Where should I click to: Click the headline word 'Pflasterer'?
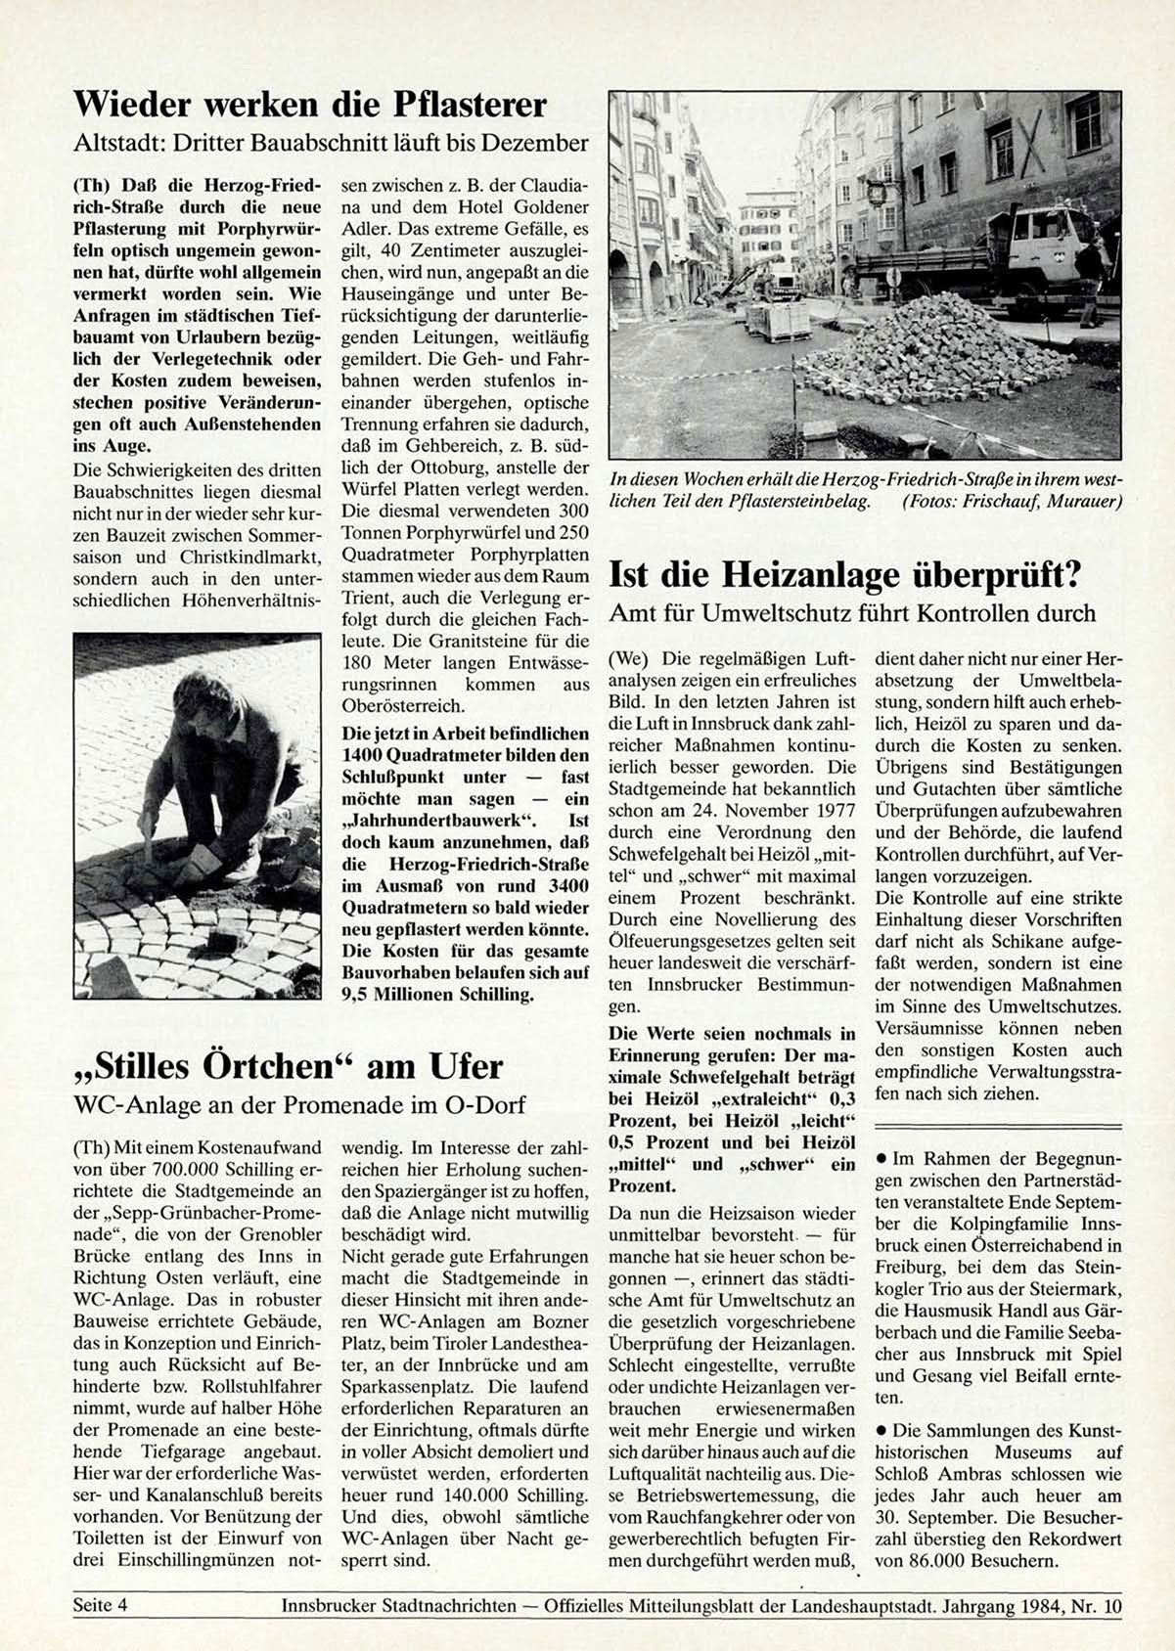point(470,104)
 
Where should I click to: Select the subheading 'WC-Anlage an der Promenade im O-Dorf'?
point(299,1104)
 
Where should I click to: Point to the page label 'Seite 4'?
point(101,1605)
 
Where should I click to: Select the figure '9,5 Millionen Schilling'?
point(438,995)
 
